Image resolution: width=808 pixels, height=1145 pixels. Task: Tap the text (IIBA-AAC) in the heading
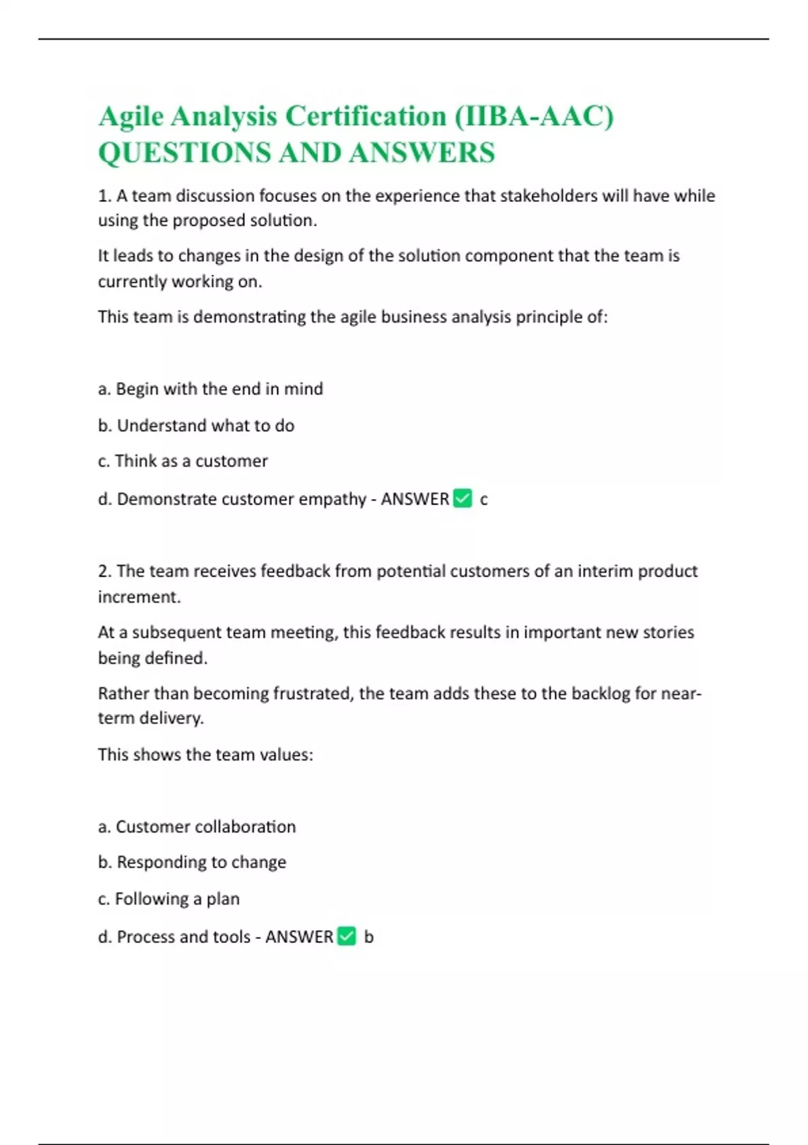[533, 116]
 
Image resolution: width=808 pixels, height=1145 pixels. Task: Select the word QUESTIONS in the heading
[184, 152]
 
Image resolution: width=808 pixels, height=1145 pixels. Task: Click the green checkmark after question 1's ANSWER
[463, 498]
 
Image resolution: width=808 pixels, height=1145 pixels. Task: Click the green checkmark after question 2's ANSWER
[347, 936]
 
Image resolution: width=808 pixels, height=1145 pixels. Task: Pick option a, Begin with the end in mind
[210, 389]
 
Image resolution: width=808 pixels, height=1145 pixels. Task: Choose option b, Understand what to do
[196, 425]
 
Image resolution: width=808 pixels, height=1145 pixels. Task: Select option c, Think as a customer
[182, 461]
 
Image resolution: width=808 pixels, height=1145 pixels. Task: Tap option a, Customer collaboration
[197, 826]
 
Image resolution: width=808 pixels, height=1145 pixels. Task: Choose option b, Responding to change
[192, 862]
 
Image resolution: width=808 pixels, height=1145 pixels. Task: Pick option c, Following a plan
[168, 898]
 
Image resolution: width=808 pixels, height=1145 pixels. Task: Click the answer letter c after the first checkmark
[483, 499]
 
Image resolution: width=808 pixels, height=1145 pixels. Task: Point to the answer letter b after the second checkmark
[368, 936]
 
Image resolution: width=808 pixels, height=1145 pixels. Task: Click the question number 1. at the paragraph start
[104, 195]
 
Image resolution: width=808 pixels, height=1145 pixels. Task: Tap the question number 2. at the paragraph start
[104, 571]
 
